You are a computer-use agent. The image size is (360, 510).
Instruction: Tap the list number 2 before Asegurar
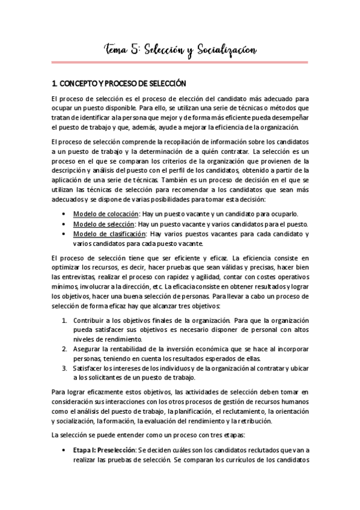[x=64, y=348]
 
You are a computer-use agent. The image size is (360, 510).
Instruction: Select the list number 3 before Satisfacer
[x=64, y=367]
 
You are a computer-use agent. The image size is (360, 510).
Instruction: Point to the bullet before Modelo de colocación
[x=65, y=215]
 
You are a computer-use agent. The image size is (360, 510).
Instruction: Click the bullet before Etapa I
[x=65, y=450]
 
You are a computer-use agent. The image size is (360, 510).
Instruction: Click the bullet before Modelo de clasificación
[x=65, y=234]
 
